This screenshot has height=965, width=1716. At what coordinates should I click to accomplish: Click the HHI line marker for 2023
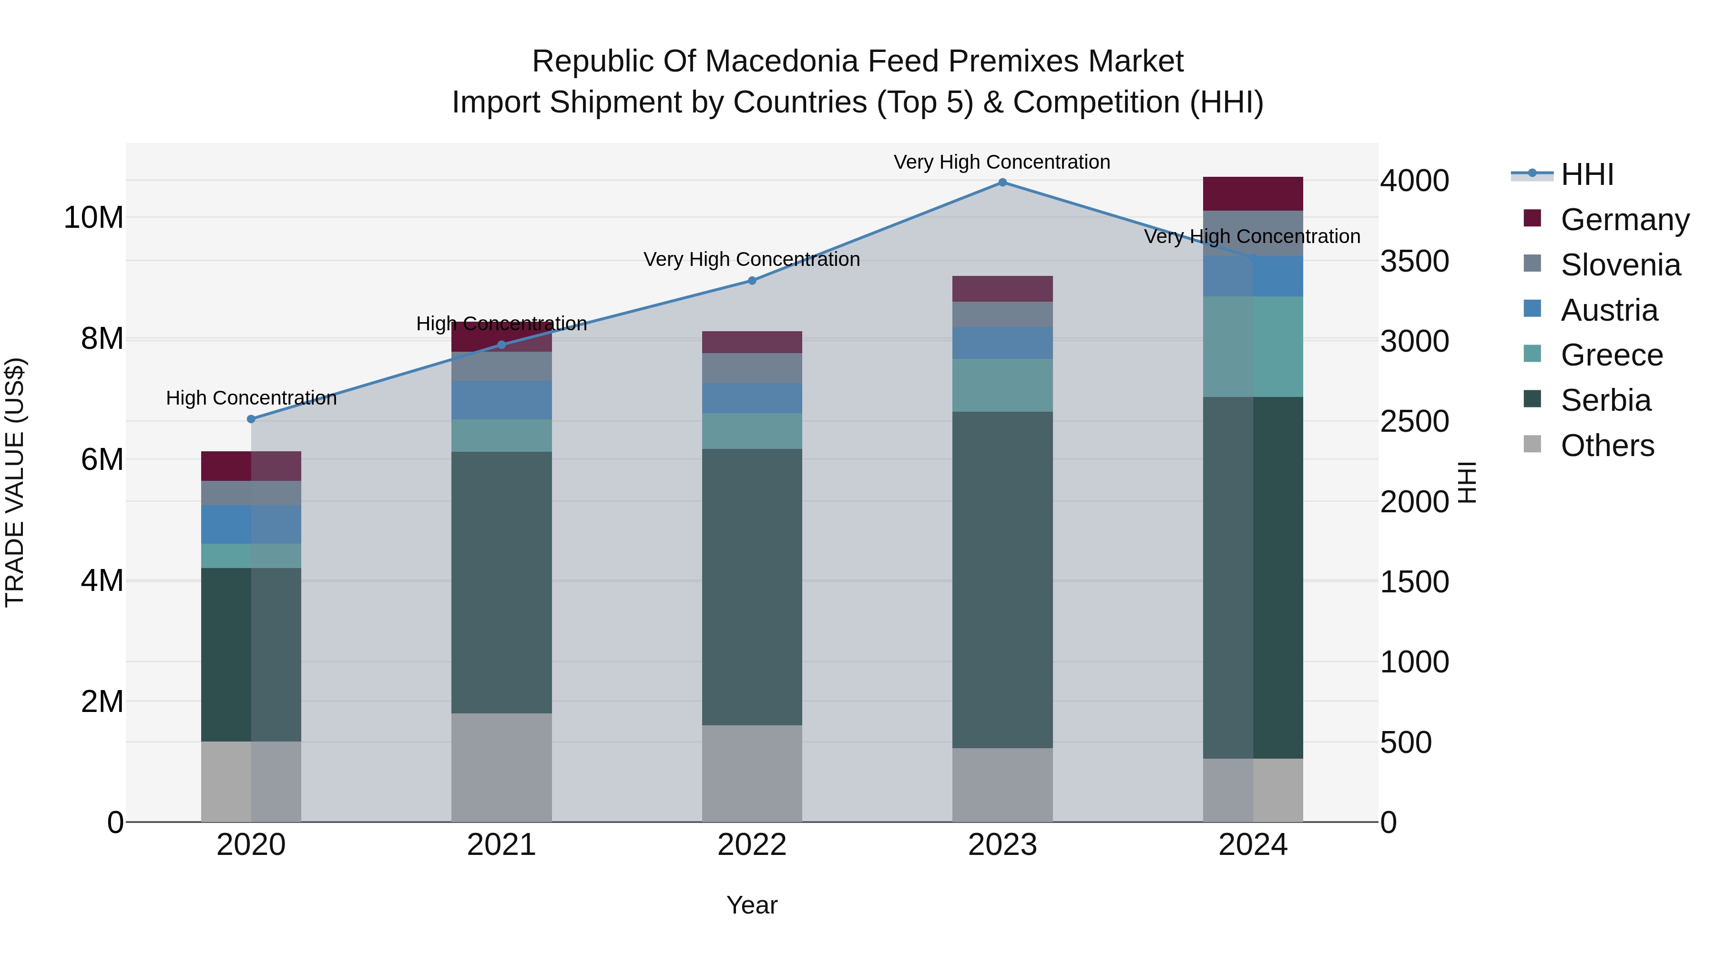pos(1002,183)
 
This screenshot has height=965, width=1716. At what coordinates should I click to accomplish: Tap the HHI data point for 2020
pos(251,419)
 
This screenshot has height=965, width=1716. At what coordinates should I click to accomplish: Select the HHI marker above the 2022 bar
pos(752,280)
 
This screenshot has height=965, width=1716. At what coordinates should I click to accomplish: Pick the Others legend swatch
pos(1532,444)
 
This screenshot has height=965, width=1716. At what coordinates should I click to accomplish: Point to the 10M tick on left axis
pos(93,218)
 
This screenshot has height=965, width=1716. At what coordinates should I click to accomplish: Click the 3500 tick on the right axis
pos(1414,261)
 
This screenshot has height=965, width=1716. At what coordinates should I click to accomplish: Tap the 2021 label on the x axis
pos(501,845)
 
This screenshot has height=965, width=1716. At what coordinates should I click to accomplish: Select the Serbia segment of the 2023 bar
pos(1002,579)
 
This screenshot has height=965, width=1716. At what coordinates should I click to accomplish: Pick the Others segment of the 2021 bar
pos(501,767)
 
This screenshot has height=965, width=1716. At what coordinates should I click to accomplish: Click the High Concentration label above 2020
pos(251,398)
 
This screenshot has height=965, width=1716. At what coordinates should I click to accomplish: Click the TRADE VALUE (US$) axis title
pos(15,482)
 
